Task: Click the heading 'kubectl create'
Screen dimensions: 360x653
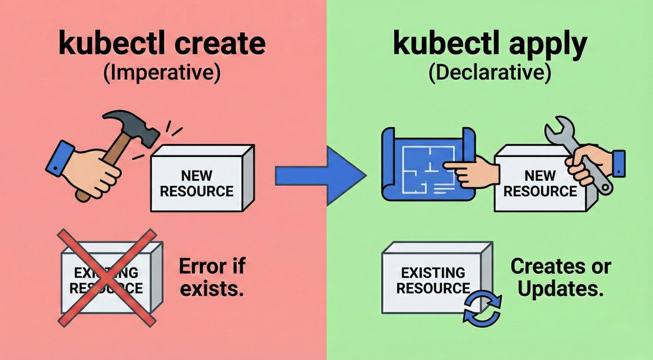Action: pyautogui.click(x=163, y=45)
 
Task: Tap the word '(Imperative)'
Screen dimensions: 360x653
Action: pyautogui.click(x=163, y=73)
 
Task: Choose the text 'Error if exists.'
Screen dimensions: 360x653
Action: pyautogui.click(x=211, y=277)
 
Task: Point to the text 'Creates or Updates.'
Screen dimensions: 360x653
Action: pyautogui.click(x=560, y=277)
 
